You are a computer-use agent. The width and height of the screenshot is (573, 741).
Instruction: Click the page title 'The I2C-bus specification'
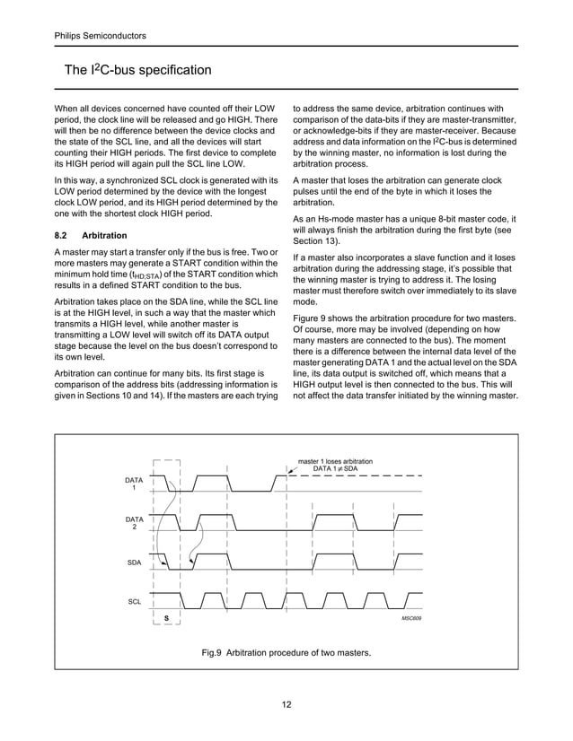coord(137,70)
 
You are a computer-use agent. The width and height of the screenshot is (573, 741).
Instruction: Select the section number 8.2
coord(64,235)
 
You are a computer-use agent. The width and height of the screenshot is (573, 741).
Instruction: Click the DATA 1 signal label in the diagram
coord(134,485)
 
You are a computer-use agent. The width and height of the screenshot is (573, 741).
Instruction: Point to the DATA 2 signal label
coord(134,524)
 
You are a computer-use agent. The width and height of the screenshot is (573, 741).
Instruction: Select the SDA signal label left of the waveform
coord(134,562)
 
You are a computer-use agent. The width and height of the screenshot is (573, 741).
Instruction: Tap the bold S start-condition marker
coord(166,620)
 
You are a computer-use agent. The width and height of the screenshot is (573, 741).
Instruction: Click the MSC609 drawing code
coord(410,620)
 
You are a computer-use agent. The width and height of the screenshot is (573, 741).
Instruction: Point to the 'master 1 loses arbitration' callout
coord(335,461)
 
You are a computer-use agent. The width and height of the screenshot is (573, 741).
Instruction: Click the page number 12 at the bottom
coord(286,705)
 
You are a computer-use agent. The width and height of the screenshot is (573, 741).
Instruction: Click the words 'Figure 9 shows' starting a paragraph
coord(326,318)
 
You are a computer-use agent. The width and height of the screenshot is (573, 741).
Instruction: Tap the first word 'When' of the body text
coord(68,109)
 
